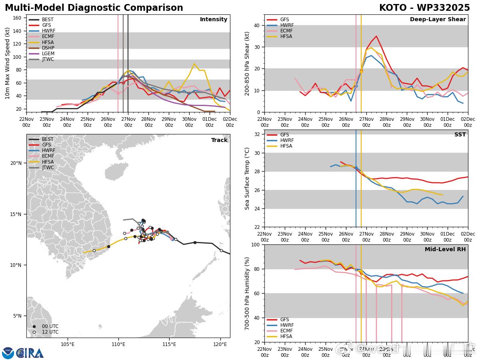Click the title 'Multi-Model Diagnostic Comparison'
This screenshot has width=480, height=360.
tap(94, 8)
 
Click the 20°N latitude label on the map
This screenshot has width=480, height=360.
tap(16, 163)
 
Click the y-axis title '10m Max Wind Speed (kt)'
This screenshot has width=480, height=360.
tap(8, 63)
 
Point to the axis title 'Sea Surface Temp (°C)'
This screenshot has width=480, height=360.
tap(247, 178)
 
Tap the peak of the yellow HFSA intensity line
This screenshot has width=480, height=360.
tap(194, 64)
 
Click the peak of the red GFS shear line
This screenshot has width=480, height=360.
tap(376, 36)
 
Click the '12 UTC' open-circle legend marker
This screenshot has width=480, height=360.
tap(34, 332)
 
